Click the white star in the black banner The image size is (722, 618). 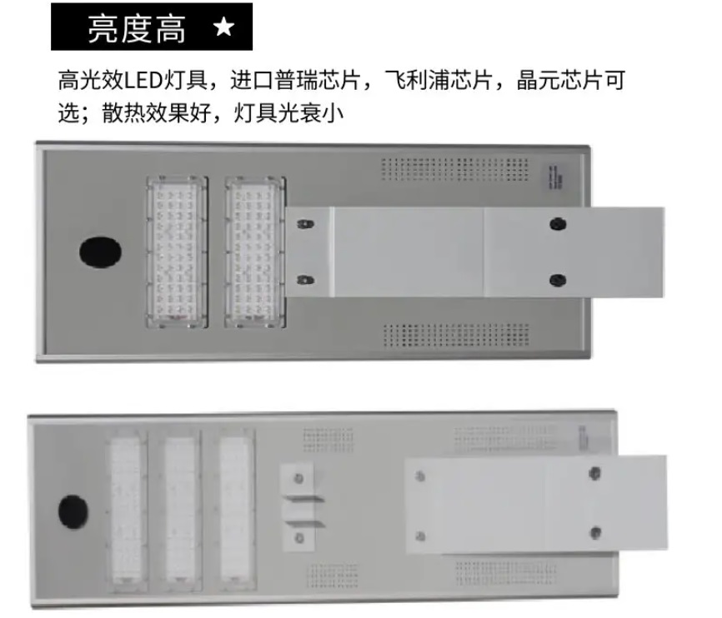tap(224, 27)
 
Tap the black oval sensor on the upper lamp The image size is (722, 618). tap(100, 252)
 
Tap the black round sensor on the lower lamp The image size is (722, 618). tap(73, 511)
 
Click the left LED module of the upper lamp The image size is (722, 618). tap(178, 252)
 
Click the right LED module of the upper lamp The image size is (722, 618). tap(256, 252)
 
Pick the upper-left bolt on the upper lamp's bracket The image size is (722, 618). tap(305, 224)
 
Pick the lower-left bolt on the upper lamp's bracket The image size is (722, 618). tap(305, 280)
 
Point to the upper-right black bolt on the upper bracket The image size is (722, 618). tap(558, 224)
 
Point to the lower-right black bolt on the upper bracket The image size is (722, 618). tap(558, 280)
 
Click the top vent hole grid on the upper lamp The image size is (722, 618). tap(455, 169)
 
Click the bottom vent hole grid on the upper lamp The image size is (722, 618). tap(456, 335)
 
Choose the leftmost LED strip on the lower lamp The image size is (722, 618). tap(126, 510)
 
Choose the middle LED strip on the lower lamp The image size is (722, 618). tap(180, 510)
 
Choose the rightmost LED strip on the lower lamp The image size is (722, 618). tap(235, 509)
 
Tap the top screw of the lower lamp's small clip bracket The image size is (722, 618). tap(298, 479)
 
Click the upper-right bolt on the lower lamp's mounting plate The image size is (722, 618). tap(595, 472)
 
